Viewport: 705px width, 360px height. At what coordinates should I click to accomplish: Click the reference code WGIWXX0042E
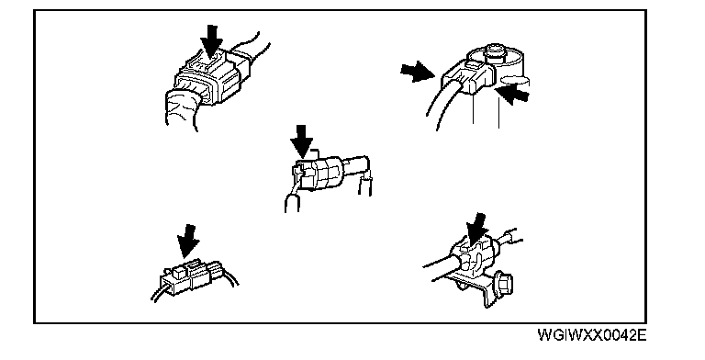point(592,335)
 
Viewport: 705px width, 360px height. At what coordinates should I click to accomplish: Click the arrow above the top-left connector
point(211,41)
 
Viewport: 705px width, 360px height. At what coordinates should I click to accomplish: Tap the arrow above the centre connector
point(301,141)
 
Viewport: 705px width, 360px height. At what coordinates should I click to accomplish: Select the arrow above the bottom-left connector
point(188,242)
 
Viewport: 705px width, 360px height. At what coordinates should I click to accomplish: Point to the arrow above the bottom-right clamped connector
point(477,230)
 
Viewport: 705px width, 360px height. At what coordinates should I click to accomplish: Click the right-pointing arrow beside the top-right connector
point(418,72)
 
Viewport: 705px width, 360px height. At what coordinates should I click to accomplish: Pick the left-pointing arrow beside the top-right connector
point(511,95)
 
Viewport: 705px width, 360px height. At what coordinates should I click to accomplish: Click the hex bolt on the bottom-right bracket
point(503,284)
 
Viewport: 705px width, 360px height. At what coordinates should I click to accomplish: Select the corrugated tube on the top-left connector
point(181,108)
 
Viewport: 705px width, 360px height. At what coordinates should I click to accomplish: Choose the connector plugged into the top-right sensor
point(467,76)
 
